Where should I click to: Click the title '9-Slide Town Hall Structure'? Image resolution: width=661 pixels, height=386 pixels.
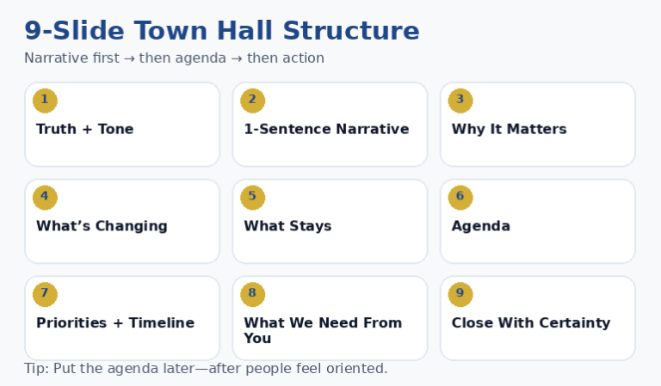tap(221, 31)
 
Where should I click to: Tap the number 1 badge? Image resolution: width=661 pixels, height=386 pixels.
tap(45, 101)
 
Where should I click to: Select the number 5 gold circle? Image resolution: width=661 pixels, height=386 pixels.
tap(252, 198)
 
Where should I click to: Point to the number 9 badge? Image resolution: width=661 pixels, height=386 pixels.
tap(460, 295)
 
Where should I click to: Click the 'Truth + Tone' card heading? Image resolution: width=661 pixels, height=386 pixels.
tap(84, 130)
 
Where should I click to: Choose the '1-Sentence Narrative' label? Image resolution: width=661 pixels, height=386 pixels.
tap(326, 130)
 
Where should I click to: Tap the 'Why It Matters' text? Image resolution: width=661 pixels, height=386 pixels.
tap(509, 130)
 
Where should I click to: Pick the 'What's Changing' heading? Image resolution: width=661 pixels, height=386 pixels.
tap(102, 227)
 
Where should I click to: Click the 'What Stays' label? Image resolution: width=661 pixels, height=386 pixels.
tap(287, 227)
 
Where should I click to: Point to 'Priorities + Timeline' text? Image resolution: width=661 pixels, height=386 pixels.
tap(115, 323)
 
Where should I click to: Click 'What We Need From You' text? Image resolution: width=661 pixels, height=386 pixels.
tap(323, 331)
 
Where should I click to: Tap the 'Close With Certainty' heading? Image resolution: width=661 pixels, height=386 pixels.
tap(531, 323)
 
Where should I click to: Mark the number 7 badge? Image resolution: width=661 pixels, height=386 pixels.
tap(45, 295)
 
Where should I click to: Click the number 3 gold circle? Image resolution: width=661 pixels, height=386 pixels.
tap(460, 101)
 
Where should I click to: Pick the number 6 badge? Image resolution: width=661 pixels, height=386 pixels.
tap(460, 198)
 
